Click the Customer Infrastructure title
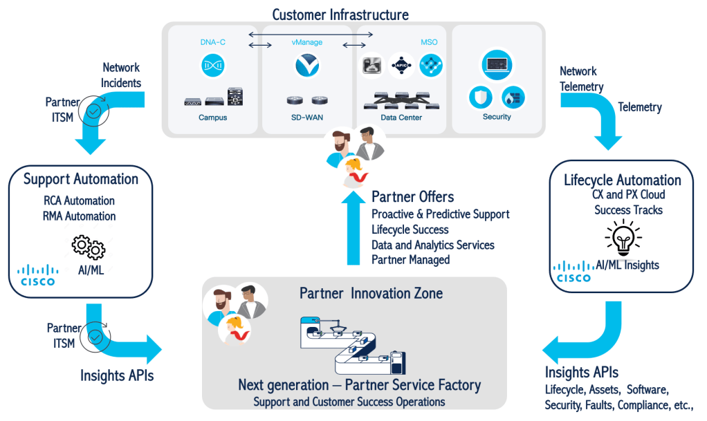[340, 15]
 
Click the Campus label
[212, 118]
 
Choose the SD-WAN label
[305, 118]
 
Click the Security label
[497, 117]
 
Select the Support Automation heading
[81, 179]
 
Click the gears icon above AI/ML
[89, 247]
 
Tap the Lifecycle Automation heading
[622, 180]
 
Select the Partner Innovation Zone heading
[371, 293]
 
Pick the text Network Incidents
[122, 75]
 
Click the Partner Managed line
[410, 260]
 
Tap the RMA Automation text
[80, 216]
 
